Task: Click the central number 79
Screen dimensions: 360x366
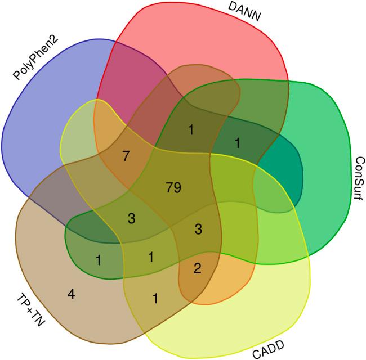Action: [173, 187]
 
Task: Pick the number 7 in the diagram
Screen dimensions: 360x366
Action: [126, 155]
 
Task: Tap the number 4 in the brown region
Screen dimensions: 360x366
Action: [72, 294]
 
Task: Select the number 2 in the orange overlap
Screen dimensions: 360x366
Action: [197, 268]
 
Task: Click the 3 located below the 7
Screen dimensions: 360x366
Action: [131, 218]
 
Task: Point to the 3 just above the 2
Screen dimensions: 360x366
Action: [198, 228]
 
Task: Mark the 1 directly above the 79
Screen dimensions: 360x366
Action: [190, 130]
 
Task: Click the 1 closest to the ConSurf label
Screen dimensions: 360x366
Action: [238, 143]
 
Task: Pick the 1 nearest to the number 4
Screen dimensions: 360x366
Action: [99, 260]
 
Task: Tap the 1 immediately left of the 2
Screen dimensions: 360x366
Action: [151, 257]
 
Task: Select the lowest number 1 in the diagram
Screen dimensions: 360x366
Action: [155, 299]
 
